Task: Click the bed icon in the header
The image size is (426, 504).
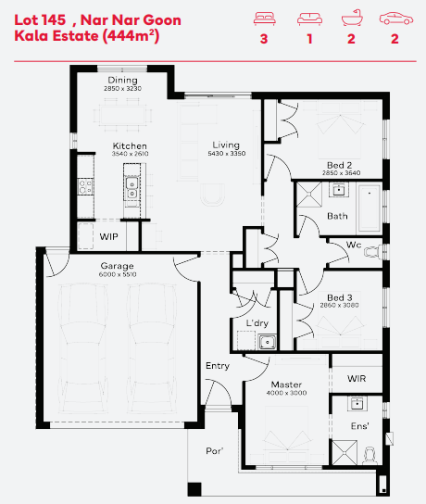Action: pos(265,19)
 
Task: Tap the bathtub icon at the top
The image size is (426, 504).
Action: pos(352,19)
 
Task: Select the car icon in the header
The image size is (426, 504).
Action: pos(396,19)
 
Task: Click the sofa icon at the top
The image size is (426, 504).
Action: pos(309,19)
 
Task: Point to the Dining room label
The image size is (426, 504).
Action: pos(122,80)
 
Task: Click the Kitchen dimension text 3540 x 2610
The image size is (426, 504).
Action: pos(130,154)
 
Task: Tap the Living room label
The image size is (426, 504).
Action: pos(226,145)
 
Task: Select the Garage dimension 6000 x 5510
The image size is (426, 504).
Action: pos(118,274)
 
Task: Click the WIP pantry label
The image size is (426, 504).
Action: pos(108,236)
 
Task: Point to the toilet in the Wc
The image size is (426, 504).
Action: pos(372,252)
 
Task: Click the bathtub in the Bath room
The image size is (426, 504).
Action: pos(370,208)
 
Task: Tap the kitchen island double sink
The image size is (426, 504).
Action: pos(132,188)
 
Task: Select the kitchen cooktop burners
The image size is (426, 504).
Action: pos(85,187)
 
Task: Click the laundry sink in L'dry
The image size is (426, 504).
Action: pos(267,342)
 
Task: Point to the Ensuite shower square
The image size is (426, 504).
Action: pos(345,452)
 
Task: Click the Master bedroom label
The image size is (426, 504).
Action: pos(286,384)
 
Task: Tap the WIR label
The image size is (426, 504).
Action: pos(357,378)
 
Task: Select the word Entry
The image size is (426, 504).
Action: pos(218,366)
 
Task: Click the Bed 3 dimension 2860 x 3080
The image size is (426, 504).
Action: pos(339,305)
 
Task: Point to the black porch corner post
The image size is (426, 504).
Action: pos(194,489)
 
